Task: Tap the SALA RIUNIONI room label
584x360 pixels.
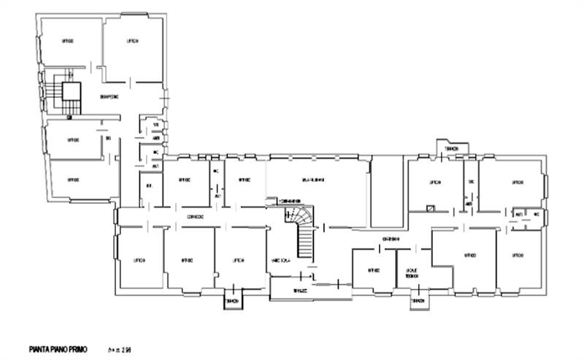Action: pyautogui.click(x=314, y=180)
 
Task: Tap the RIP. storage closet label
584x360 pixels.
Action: pyautogui.click(x=148, y=186)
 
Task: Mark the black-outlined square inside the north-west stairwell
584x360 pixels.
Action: pyautogui.click(x=71, y=92)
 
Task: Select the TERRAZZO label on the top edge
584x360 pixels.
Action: pyautogui.click(x=450, y=149)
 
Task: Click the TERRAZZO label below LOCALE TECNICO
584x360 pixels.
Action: pyautogui.click(x=417, y=300)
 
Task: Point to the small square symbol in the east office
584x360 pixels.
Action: pyautogui.click(x=431, y=209)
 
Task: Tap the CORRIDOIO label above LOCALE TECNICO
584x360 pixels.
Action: pyautogui.click(x=390, y=239)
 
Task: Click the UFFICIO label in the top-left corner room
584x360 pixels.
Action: pyautogui.click(x=68, y=42)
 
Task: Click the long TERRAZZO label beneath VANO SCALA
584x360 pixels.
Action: pyautogui.click(x=301, y=290)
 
